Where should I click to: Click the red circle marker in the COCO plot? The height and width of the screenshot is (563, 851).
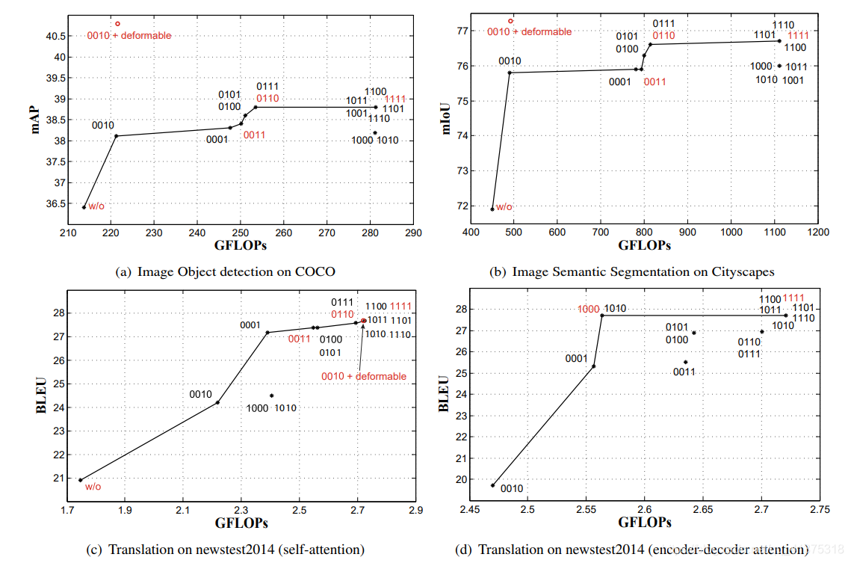[117, 24]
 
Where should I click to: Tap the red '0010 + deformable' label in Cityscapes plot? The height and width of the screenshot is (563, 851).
[529, 32]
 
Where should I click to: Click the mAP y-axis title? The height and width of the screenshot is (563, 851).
[35, 120]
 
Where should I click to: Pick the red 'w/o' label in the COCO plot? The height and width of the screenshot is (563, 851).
[96, 207]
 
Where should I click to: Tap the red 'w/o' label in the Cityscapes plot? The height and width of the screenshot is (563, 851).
[504, 207]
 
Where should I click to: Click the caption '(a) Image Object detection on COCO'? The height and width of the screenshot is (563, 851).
[226, 271]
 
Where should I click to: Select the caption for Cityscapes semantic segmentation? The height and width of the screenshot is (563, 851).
[631, 271]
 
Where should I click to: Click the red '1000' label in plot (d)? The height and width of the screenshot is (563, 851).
[588, 308]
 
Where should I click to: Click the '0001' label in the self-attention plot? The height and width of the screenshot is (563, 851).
[250, 325]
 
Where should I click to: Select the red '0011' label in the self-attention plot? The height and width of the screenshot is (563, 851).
[299, 339]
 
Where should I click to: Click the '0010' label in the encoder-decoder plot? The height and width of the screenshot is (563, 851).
[511, 489]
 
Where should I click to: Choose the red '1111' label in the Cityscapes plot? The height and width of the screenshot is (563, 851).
[799, 35]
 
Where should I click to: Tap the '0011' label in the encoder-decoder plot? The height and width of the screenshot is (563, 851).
[684, 372]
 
